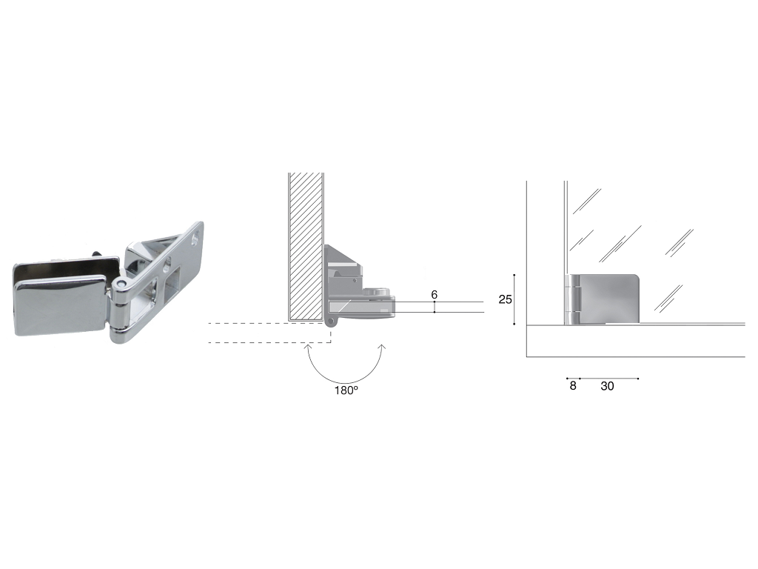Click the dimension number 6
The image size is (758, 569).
[434, 295]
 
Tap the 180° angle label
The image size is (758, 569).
[346, 390]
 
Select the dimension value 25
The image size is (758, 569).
[505, 299]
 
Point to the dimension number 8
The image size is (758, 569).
[573, 385]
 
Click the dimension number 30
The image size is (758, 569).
[607, 385]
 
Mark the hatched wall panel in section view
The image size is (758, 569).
[306, 247]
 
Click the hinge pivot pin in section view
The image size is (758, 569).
[331, 322]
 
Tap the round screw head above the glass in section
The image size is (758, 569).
[376, 292]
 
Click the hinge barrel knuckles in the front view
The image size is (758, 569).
[572, 299]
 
